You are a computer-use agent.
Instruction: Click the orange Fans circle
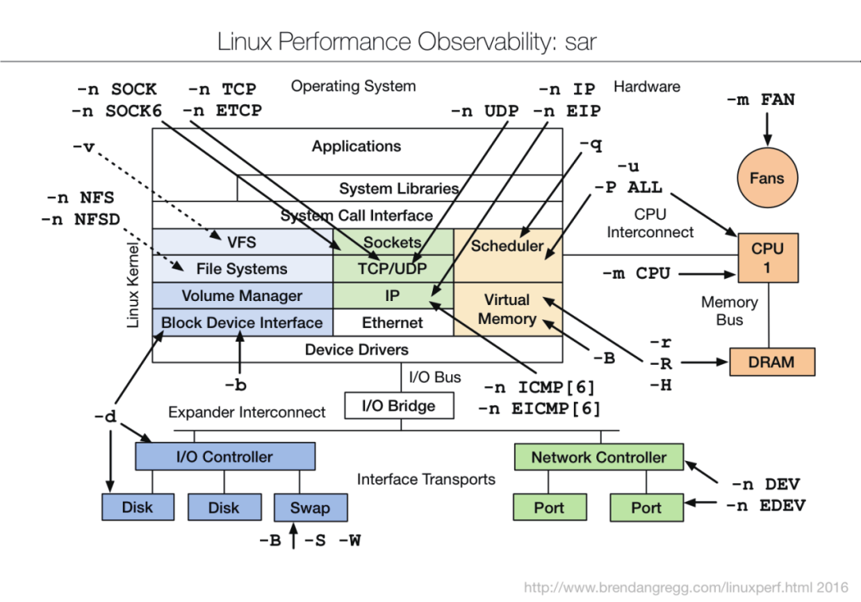click(766, 178)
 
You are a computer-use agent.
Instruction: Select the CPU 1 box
click(768, 258)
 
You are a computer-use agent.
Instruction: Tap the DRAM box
click(772, 362)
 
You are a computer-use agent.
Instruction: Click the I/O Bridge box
click(399, 406)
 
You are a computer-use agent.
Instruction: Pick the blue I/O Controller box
click(225, 456)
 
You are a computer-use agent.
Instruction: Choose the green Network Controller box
click(598, 457)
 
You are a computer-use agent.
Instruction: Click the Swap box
click(309, 507)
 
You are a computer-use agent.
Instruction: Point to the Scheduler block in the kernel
click(507, 246)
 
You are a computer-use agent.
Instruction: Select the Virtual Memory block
click(507, 309)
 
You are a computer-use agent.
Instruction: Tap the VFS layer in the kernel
click(242, 241)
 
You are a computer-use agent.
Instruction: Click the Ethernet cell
click(392, 322)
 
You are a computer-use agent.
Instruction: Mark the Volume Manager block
click(242, 295)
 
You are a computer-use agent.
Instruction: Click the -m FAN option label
click(761, 100)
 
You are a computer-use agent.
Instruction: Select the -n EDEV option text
click(765, 505)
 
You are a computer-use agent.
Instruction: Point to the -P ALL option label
click(627, 186)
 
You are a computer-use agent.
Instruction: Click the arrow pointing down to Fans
click(766, 130)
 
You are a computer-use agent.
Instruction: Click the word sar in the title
click(580, 41)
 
